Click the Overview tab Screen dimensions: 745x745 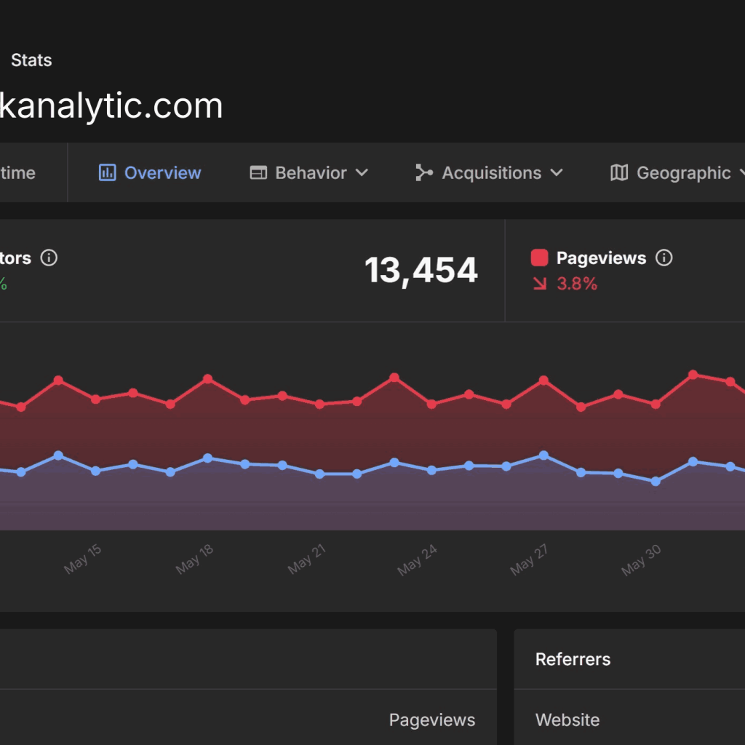click(x=162, y=173)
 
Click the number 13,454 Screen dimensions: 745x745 click(x=421, y=271)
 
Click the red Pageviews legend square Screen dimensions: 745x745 click(x=539, y=258)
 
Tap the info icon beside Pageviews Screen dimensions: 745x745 click(x=664, y=258)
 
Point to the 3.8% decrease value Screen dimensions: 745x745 click(x=577, y=284)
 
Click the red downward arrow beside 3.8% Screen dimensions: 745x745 click(x=540, y=284)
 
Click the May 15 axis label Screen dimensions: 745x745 click(x=83, y=559)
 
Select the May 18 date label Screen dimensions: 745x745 click(x=195, y=559)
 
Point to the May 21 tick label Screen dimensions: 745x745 click(x=306, y=559)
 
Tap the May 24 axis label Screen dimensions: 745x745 click(x=418, y=559)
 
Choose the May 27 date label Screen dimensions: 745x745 click(x=529, y=559)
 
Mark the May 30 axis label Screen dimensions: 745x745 click(x=641, y=559)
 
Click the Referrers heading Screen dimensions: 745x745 click(x=573, y=660)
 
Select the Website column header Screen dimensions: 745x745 click(x=567, y=720)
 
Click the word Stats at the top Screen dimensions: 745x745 click(x=31, y=60)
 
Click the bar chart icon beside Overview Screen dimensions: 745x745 click(x=107, y=173)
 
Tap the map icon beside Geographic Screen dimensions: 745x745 click(x=619, y=173)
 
